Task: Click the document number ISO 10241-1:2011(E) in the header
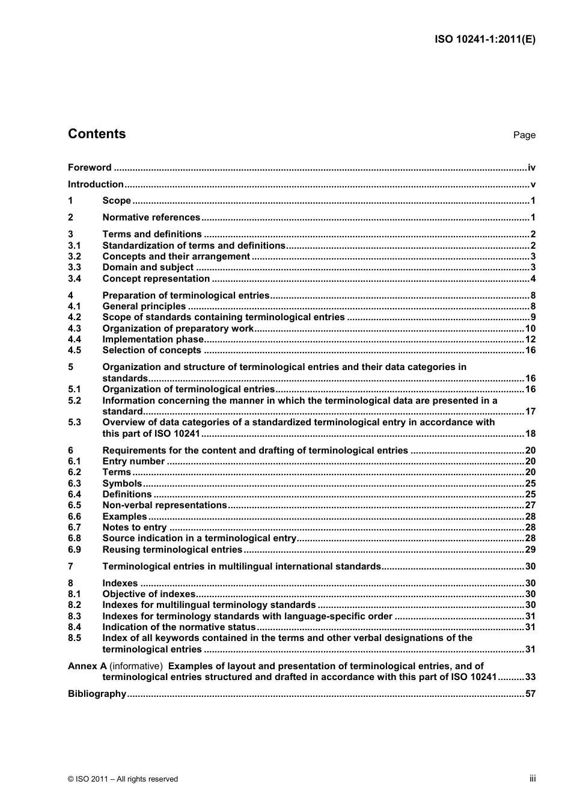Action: coord(484,40)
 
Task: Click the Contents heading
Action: coord(97,134)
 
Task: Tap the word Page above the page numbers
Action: coord(524,135)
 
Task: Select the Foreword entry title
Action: coord(90,168)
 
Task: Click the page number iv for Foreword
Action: coord(531,168)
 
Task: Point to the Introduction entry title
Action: coord(96,184)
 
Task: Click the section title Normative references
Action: coord(151,217)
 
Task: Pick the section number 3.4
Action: coord(75,279)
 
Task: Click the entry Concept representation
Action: coord(156,279)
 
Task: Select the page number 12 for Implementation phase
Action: coord(530,339)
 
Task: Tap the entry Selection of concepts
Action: coord(151,350)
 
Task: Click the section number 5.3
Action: coord(75,422)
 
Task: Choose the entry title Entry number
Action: coord(133,461)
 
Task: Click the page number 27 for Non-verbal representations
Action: coord(530,505)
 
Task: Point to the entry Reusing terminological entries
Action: coord(172,550)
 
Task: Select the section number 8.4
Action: coord(75,627)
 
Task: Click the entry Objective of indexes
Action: coord(148,594)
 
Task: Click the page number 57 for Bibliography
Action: coord(530,694)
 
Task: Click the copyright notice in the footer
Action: coord(123,779)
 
